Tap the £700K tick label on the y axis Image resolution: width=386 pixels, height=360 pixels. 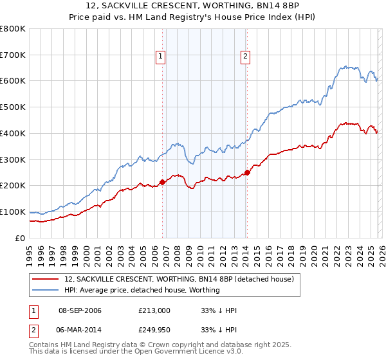coord(13,55)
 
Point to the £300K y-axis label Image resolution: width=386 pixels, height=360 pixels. coord(13,159)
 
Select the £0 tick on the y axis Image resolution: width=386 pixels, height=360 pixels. coord(19,238)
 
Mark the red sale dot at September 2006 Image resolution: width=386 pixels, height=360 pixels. coord(162,182)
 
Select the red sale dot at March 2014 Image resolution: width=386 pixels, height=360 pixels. coord(247,172)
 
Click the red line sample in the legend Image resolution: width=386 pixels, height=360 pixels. coord(46,279)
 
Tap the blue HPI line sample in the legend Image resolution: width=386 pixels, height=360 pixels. coord(46,290)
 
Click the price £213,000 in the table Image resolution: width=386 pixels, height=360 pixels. coord(154,310)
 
